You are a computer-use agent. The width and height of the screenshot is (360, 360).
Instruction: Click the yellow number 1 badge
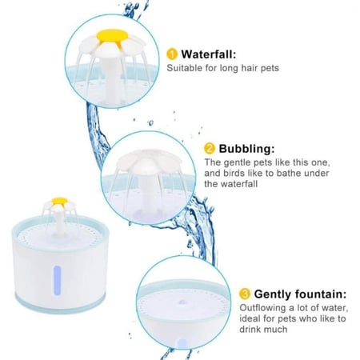pyautogui.click(x=172, y=54)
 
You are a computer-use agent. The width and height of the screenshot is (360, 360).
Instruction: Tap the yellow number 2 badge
pyautogui.click(x=210, y=149)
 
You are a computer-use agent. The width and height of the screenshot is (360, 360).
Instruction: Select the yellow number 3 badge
pyautogui.click(x=245, y=294)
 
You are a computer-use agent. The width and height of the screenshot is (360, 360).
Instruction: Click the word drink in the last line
pyautogui.click(x=250, y=329)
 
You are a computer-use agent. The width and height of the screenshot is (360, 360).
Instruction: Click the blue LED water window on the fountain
pyautogui.click(x=58, y=281)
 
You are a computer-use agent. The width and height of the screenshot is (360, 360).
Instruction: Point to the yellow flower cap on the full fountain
pyautogui.click(x=59, y=201)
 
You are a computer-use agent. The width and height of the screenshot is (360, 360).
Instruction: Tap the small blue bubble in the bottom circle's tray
pyautogui.click(x=182, y=302)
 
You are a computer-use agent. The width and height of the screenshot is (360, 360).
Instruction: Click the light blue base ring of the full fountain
pyautogui.click(x=61, y=304)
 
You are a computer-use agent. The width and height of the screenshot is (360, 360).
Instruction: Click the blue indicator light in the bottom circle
pyautogui.click(x=182, y=343)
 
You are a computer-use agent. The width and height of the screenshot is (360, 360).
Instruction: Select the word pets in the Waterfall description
pyautogui.click(x=270, y=68)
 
